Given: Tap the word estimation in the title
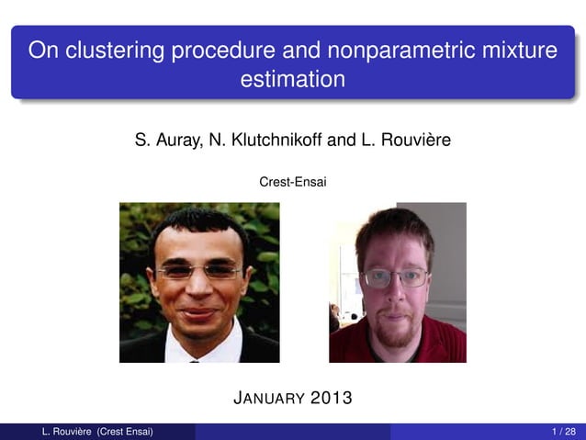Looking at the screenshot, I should pyautogui.click(x=292, y=80).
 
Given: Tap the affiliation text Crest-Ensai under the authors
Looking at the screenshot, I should pyautogui.click(x=293, y=183).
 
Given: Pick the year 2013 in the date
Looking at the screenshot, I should pyautogui.click(x=331, y=399).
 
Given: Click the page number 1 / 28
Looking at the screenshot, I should pyautogui.click(x=564, y=432).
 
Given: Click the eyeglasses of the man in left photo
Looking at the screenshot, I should pyautogui.click(x=198, y=271).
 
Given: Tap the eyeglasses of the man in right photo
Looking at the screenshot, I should pyautogui.click(x=395, y=276).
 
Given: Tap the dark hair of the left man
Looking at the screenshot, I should pyautogui.click(x=198, y=223).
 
